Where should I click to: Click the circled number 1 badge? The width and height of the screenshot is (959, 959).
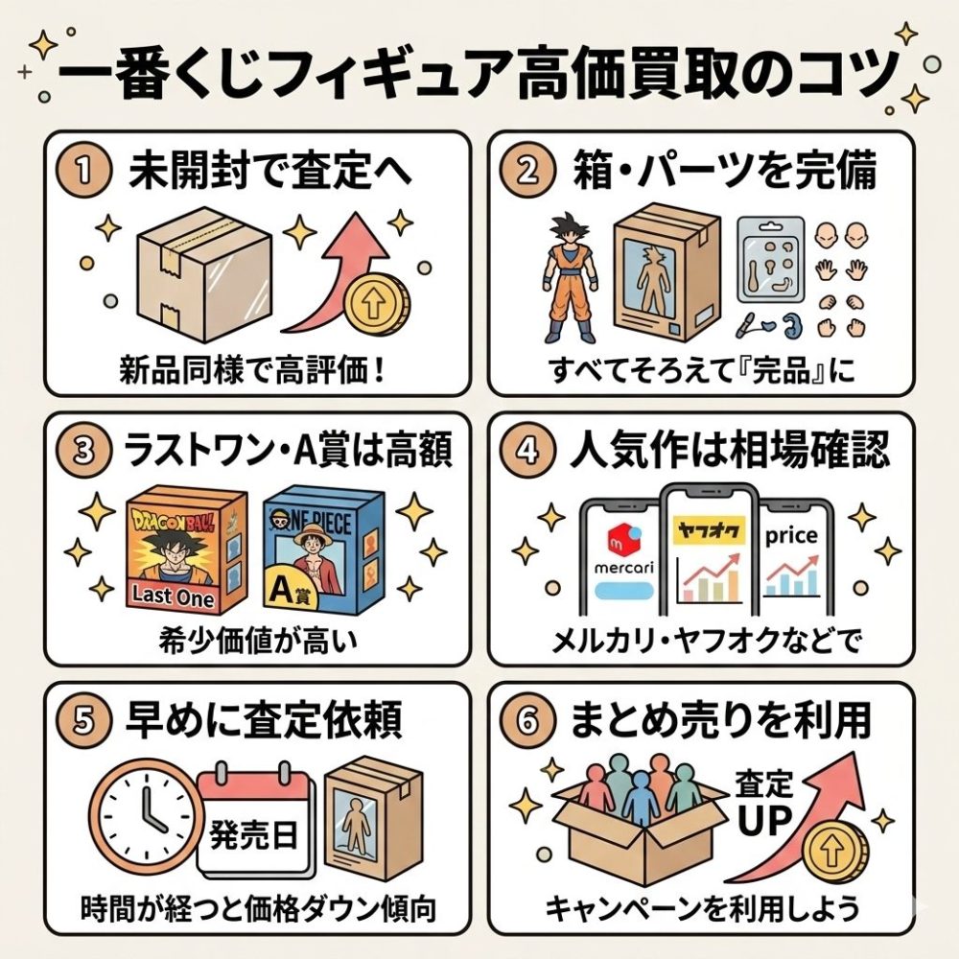tap(83, 171)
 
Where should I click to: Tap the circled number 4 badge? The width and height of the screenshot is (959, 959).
tap(526, 452)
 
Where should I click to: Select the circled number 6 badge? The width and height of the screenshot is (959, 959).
tap(526, 721)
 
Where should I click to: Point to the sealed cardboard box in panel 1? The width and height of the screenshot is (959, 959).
tap(204, 273)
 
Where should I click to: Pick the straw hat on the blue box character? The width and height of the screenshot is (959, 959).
tap(311, 533)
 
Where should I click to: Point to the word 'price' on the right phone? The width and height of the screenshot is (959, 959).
tap(791, 536)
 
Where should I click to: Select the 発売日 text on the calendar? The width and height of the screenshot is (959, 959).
tap(253, 834)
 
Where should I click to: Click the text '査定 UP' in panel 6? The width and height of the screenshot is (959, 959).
tap(764, 803)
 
